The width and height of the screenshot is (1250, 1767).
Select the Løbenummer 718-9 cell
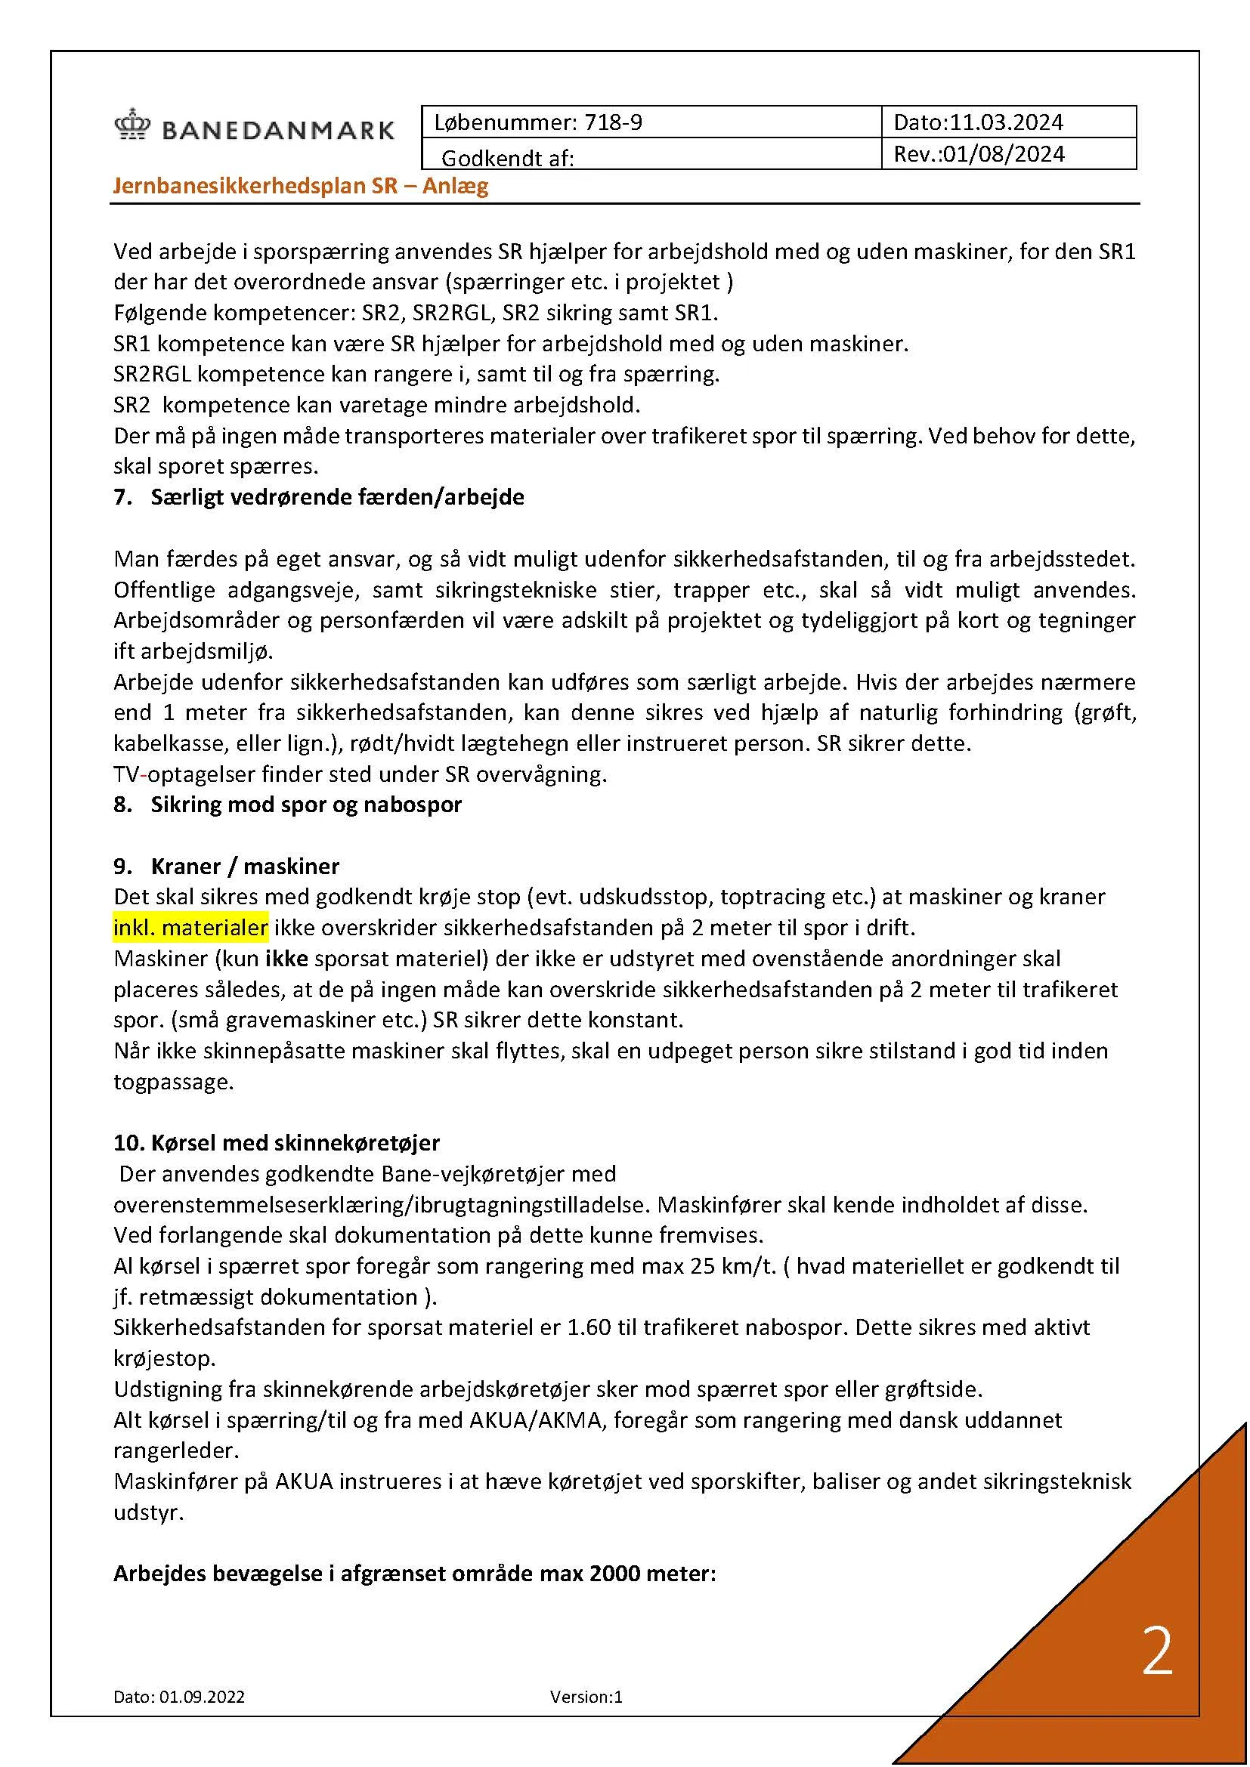[538, 122]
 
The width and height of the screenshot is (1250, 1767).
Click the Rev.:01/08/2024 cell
[979, 155]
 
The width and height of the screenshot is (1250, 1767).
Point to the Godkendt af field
[508, 159]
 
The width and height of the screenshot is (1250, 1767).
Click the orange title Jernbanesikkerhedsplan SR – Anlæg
[300, 187]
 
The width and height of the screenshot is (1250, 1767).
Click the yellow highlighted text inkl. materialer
[190, 928]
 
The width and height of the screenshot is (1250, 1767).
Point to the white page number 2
[1157, 1651]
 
